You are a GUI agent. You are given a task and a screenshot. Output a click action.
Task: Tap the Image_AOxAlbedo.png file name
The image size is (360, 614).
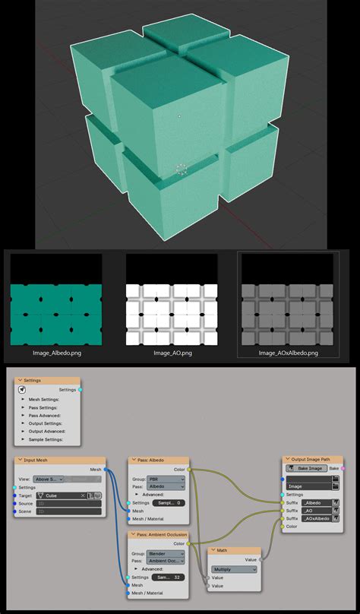click(x=288, y=353)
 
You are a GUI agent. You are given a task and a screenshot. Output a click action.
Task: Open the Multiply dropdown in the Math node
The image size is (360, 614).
click(x=233, y=568)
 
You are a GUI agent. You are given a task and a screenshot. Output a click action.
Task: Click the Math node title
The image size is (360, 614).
click(x=222, y=550)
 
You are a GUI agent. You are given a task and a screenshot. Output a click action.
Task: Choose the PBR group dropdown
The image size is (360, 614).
click(x=168, y=479)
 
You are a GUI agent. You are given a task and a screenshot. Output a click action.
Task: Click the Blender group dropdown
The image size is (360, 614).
click(x=168, y=554)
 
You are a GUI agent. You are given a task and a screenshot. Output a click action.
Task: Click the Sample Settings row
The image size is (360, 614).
click(x=46, y=440)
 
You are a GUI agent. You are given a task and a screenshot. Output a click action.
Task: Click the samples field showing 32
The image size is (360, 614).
click(x=168, y=578)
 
